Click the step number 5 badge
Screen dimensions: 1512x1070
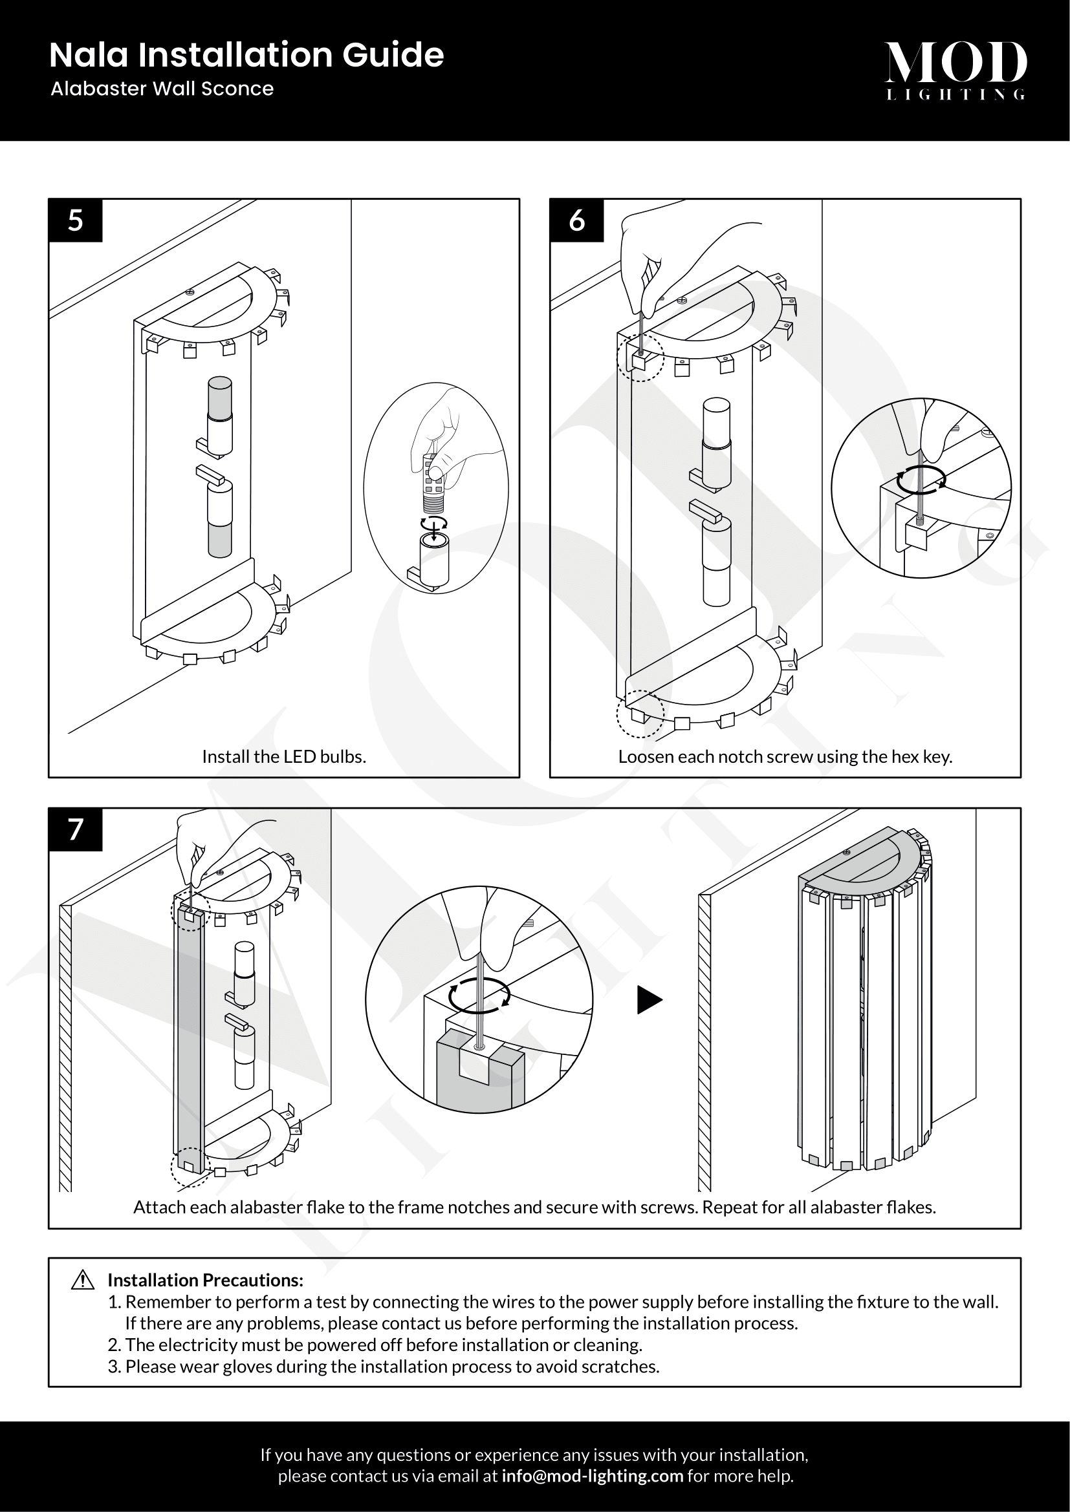pyautogui.click(x=75, y=220)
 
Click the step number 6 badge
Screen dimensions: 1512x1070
pyautogui.click(x=576, y=220)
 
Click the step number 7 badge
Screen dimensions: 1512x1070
pyautogui.click(x=75, y=829)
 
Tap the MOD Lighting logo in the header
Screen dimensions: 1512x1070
pyautogui.click(x=955, y=70)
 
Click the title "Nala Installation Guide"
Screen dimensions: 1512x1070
pyautogui.click(x=246, y=56)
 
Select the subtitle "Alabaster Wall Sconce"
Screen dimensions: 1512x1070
pyautogui.click(x=162, y=89)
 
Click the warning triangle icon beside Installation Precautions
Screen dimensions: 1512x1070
pyautogui.click(x=83, y=1279)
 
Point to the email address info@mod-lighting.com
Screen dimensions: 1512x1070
pyautogui.click(x=592, y=1476)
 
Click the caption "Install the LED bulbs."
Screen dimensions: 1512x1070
pyautogui.click(x=284, y=757)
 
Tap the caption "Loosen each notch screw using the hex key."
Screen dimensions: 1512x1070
pyautogui.click(x=785, y=757)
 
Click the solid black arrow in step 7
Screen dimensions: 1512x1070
pyautogui.click(x=649, y=1001)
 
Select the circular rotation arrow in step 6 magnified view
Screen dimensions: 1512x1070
pyautogui.click(x=922, y=479)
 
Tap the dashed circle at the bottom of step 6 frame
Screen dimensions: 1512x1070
pyautogui.click(x=640, y=713)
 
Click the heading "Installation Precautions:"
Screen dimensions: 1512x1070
pyautogui.click(x=206, y=1279)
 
